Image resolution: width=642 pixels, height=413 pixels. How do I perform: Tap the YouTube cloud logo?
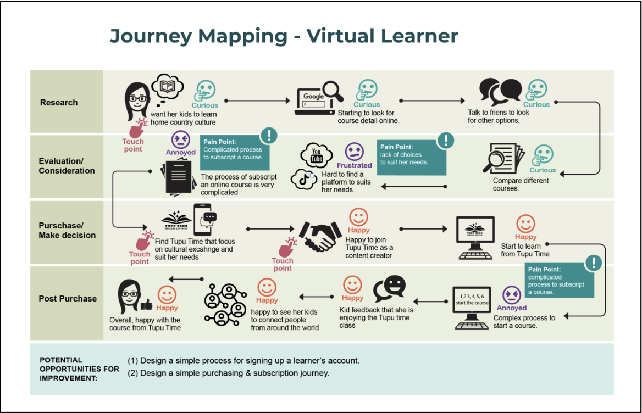point(317,154)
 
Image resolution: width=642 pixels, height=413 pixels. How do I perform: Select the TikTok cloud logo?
point(304,178)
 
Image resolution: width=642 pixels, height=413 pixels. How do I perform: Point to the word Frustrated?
point(354,165)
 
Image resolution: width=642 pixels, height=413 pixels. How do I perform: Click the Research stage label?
point(59,102)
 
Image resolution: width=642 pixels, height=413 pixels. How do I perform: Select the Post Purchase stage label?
point(68,299)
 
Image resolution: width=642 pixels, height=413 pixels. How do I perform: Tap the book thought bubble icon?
point(167,86)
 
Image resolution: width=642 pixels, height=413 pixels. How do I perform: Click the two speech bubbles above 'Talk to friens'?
point(500,91)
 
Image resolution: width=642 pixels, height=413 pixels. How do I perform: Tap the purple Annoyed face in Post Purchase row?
point(511,295)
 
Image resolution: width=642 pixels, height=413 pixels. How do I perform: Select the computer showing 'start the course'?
point(472,308)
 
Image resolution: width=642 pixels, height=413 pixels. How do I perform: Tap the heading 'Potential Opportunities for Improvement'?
point(79,369)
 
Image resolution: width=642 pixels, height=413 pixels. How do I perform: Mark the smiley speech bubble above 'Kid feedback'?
point(389,288)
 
